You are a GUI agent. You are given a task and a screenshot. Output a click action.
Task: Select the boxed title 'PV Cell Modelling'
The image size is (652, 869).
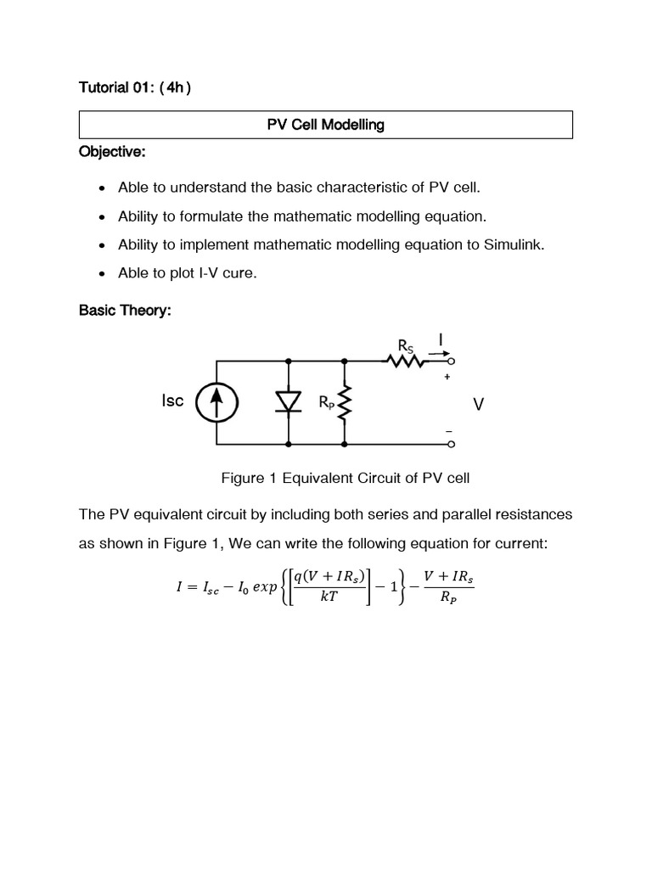point(326,125)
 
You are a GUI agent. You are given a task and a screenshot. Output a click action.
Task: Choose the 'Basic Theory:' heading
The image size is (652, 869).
point(125,311)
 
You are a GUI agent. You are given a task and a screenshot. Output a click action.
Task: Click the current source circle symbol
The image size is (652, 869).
point(216,402)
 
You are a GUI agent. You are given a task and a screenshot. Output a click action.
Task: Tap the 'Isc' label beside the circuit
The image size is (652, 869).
point(172,401)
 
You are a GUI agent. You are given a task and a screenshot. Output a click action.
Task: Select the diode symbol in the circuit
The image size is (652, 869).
point(289,402)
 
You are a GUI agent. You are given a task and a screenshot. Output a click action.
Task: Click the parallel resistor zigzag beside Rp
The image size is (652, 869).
point(345,404)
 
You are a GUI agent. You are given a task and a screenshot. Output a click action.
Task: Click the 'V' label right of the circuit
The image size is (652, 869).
point(479,405)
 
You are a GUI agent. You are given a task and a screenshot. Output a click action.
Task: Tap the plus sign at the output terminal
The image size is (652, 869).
point(447,377)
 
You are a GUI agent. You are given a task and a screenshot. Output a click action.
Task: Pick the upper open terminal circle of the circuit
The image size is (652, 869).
point(451,361)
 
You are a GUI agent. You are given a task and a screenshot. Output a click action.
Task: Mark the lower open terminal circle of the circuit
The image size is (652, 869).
point(451,444)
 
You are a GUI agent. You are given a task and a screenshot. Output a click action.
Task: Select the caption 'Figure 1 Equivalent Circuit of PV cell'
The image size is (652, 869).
point(346,478)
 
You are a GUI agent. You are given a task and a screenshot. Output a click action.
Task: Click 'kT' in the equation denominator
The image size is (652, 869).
point(329,597)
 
